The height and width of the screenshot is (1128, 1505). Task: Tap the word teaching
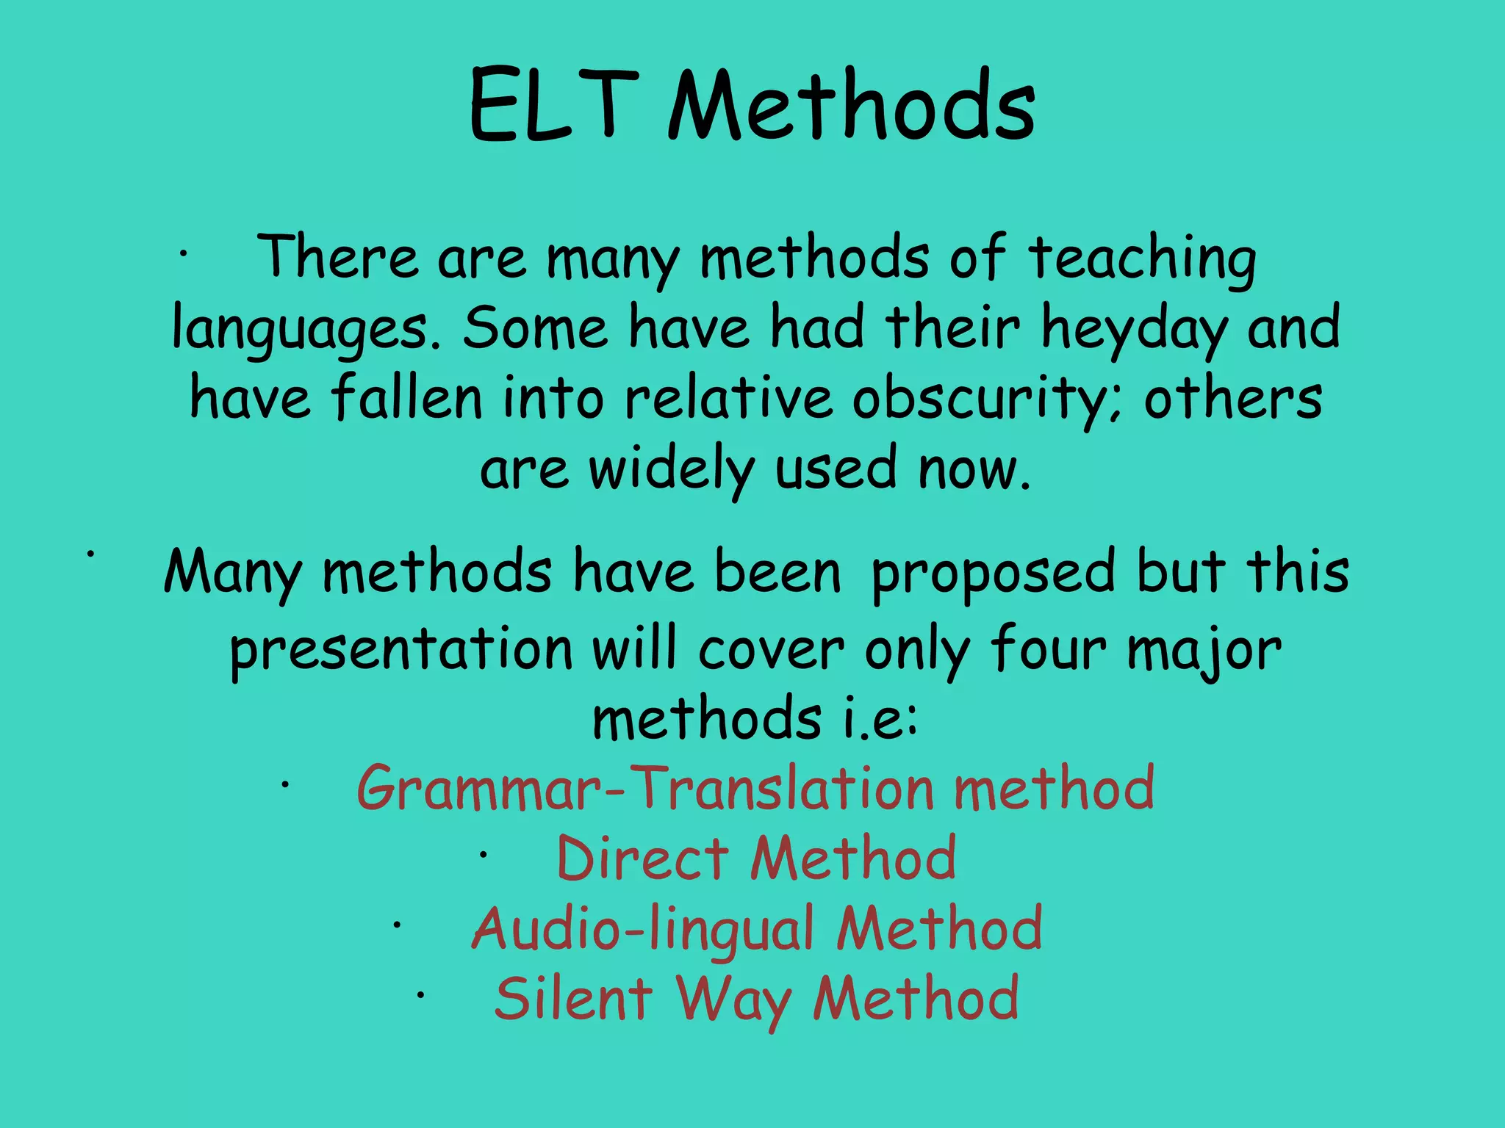1142,258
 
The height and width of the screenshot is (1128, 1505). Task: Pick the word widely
672,470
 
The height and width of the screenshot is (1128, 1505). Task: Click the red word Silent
573,999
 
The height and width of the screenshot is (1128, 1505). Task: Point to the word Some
535,329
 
